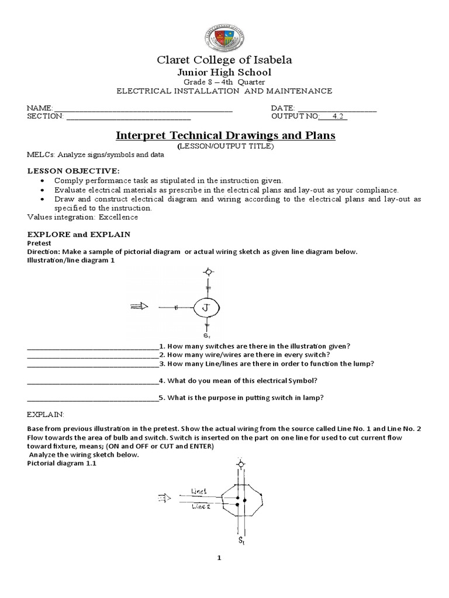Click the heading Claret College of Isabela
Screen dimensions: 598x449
pos(224,60)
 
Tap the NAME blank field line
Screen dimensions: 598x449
pos(143,109)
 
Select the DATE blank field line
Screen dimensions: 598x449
pos(337,109)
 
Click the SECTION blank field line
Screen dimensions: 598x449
pos(129,117)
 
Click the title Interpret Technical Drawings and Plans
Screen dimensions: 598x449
pos(225,135)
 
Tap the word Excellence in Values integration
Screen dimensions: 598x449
pos(119,217)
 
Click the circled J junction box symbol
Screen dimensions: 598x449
pos(206,307)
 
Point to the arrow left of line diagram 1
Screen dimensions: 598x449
pos(140,306)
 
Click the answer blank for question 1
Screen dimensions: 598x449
pos(92,346)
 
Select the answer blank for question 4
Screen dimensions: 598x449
pos(92,381)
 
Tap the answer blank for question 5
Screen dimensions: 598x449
pos(92,399)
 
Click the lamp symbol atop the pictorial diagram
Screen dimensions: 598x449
pos(240,464)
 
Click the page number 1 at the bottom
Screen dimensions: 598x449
pos(219,558)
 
